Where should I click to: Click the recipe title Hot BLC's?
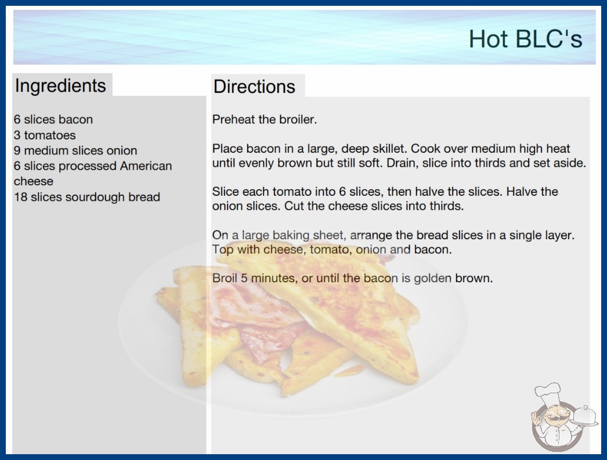525,39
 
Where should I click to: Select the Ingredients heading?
60,86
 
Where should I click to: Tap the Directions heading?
254,87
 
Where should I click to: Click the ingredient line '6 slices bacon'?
53,120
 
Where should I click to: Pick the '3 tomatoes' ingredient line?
45,135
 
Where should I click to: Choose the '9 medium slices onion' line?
75,150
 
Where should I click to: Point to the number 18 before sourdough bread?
20,197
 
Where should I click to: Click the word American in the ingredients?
146,166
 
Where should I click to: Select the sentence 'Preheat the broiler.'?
265,120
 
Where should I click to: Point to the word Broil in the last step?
225,278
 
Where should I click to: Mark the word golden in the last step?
432,278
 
